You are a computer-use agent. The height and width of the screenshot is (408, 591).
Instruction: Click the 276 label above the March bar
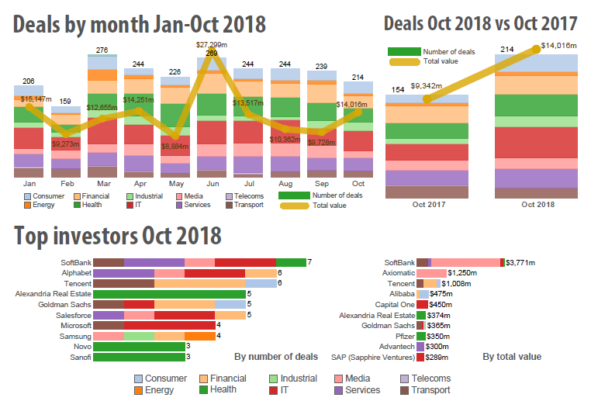pyautogui.click(x=102, y=50)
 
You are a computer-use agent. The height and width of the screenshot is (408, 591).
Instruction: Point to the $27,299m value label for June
pyautogui.click(x=212, y=45)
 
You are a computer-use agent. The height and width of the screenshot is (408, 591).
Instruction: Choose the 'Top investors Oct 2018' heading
pyautogui.click(x=118, y=235)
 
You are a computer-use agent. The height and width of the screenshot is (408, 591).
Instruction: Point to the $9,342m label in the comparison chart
pyautogui.click(x=427, y=85)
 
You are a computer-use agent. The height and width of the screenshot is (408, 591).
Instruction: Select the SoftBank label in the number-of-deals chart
pyautogui.click(x=76, y=263)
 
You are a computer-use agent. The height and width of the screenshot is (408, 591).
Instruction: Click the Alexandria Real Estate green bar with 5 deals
pyautogui.click(x=168, y=295)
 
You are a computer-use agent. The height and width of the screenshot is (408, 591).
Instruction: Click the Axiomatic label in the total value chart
pyautogui.click(x=399, y=274)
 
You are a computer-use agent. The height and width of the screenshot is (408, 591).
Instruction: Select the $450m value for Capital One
pyautogui.click(x=443, y=305)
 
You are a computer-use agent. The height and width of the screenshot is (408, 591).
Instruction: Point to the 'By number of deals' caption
pyautogui.click(x=275, y=357)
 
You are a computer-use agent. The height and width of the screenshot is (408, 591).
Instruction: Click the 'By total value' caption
pyautogui.click(x=512, y=357)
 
